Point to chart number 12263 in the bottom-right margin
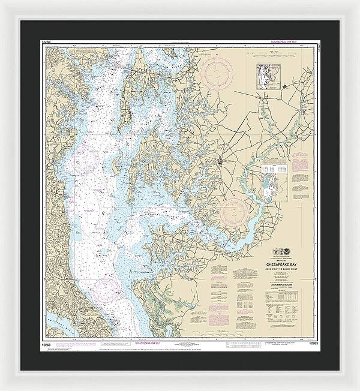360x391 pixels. point(311,344)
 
